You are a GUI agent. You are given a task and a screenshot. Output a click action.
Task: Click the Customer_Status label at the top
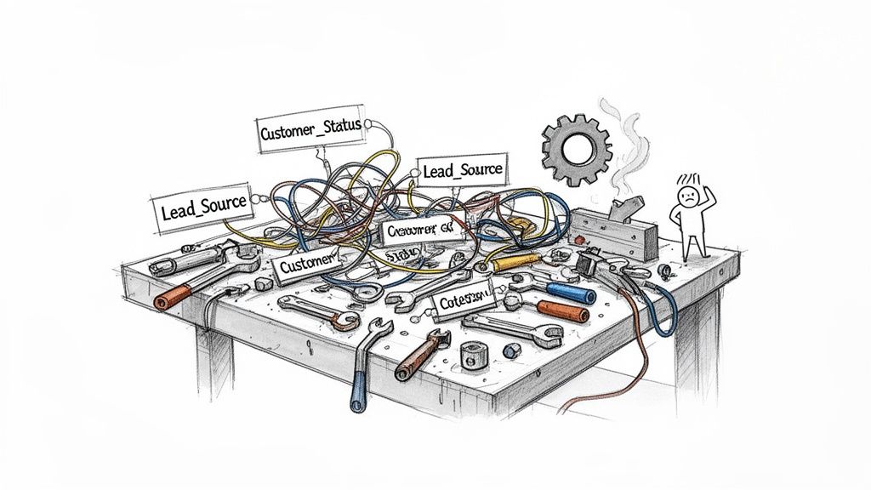coord(310,134)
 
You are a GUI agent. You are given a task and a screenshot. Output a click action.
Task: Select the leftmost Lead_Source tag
coord(203,206)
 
